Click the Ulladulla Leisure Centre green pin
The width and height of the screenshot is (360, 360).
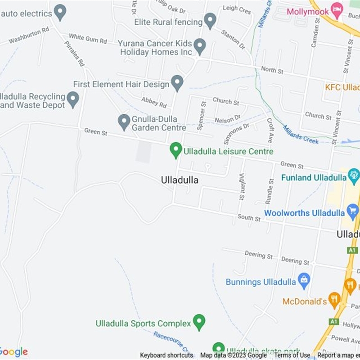click(x=175, y=150)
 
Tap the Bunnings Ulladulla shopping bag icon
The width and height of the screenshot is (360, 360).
click(x=304, y=281)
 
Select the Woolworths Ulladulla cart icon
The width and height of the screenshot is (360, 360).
click(x=353, y=211)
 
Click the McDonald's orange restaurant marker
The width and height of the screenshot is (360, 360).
click(x=334, y=300)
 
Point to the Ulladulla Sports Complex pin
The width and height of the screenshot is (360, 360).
click(x=199, y=322)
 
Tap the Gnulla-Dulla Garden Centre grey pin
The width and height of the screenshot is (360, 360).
click(x=124, y=122)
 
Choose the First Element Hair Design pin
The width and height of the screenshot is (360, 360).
click(x=178, y=83)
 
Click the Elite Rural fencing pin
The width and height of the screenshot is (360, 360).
click(x=209, y=21)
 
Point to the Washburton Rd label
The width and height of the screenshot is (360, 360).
click(x=28, y=36)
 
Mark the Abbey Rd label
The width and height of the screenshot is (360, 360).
click(x=154, y=102)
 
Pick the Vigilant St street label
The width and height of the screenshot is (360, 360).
click(x=242, y=187)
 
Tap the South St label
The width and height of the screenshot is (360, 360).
click(x=249, y=218)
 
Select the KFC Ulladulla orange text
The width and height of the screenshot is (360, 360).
click(x=342, y=87)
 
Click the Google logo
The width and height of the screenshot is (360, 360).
click(x=14, y=351)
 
